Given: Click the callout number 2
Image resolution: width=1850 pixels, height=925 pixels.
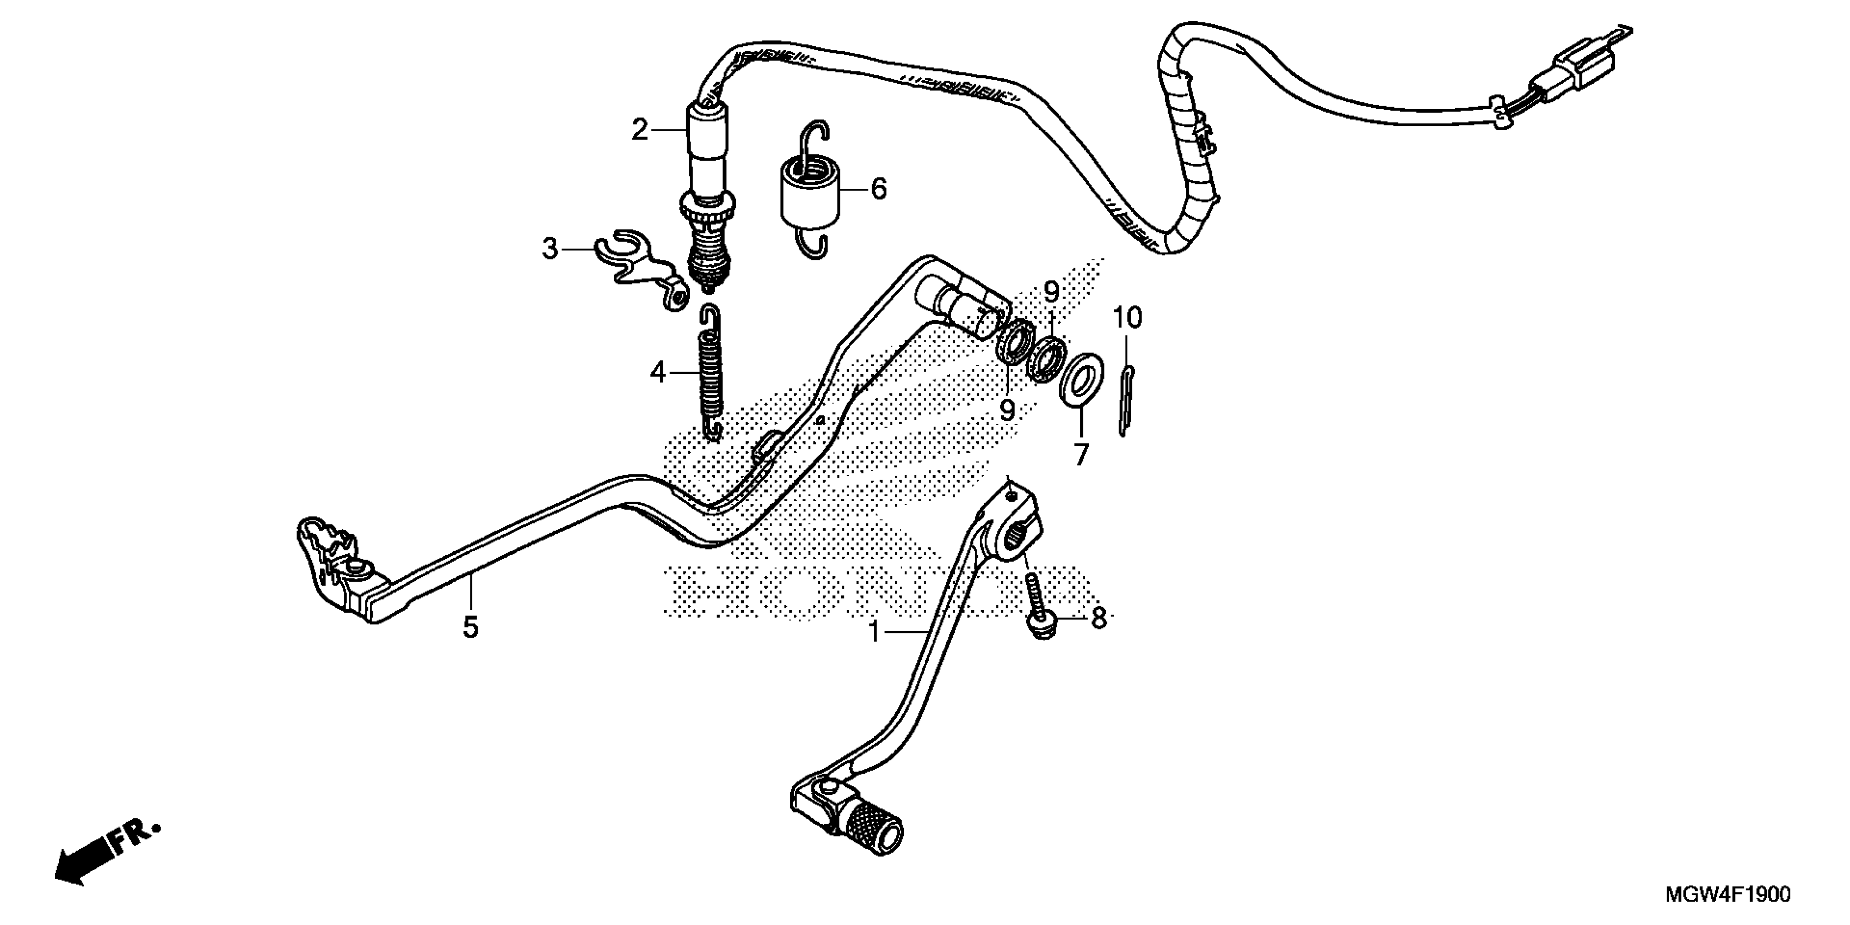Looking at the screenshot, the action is click(639, 131).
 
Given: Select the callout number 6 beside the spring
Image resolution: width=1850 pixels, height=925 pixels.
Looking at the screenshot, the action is click(878, 189).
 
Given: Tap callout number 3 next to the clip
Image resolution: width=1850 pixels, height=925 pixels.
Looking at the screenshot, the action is click(550, 249).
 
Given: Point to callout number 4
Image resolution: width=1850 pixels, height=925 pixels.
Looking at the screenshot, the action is click(658, 373).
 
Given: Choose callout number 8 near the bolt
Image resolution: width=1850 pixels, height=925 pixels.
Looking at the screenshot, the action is click(1099, 618).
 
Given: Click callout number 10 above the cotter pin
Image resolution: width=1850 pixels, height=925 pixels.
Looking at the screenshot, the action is click(1127, 317).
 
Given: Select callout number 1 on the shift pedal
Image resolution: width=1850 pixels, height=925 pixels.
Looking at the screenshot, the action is click(874, 632).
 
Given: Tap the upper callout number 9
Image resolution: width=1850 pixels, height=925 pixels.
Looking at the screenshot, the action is click(1051, 292).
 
